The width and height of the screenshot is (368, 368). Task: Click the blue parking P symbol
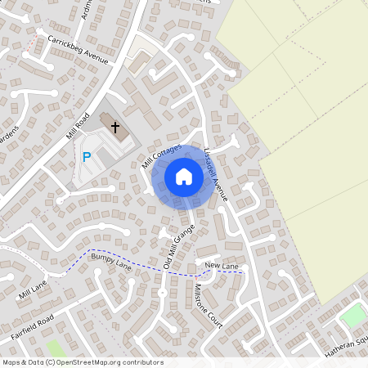(86, 156)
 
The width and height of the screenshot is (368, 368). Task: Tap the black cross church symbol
(115, 128)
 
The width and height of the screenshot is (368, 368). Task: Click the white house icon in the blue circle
(184, 176)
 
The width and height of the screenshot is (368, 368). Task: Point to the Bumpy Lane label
(110, 262)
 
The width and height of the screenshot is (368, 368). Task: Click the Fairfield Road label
(33, 326)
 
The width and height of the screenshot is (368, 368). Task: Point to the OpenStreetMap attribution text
(83, 362)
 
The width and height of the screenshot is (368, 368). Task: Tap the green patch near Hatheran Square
(353, 315)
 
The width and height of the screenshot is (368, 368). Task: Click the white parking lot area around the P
(95, 168)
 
